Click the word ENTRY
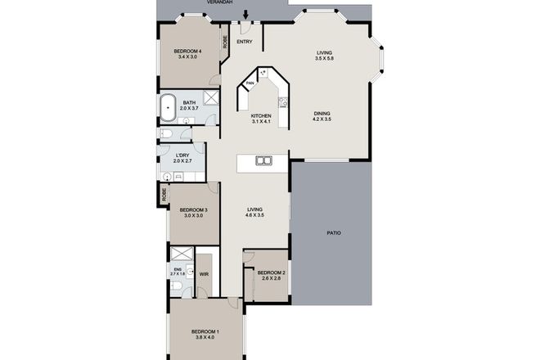point(244,42)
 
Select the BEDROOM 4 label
point(189,52)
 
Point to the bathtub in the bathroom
point(168,105)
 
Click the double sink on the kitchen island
point(263,160)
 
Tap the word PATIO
point(335,234)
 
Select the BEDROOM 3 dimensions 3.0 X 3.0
point(194,216)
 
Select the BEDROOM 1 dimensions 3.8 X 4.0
point(205,340)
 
